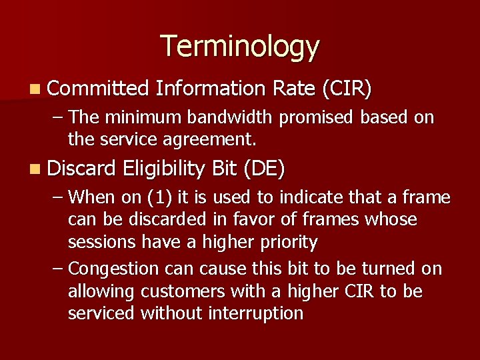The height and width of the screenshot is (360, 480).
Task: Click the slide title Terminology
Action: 240,47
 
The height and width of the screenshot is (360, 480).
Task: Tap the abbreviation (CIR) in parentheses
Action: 346,88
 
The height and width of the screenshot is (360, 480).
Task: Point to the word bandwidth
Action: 231,118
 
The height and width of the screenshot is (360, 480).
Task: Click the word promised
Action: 317,119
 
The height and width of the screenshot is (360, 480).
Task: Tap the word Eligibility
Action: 163,169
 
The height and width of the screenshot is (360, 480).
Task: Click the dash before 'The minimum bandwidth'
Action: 57,118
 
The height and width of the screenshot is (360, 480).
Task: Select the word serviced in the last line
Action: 101,313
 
